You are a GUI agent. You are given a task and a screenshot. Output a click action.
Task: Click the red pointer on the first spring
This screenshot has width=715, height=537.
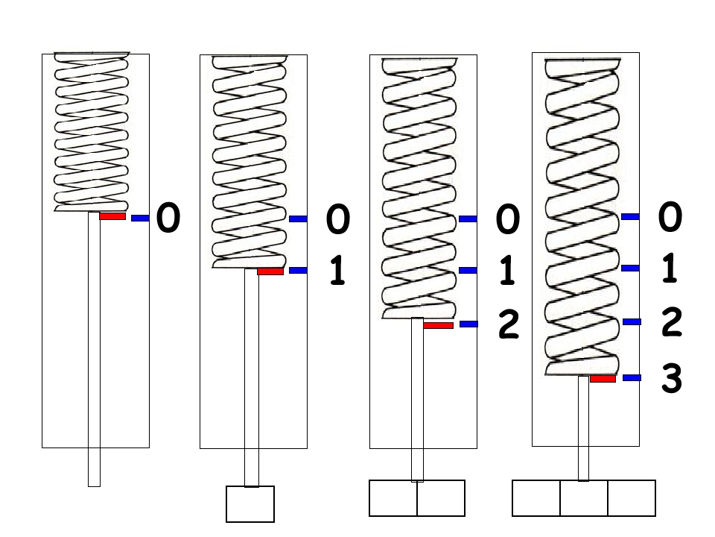(112, 216)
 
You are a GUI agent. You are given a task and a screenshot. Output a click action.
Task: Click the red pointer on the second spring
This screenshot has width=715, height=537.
(270, 271)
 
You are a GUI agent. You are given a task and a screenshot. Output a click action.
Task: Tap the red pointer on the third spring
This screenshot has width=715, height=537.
(438, 326)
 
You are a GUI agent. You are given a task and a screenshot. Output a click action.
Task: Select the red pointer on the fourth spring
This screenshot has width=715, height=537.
(603, 379)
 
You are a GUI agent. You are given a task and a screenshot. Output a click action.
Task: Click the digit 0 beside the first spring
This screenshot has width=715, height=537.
(168, 219)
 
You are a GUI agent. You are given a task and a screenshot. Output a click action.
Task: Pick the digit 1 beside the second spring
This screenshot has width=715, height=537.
(337, 271)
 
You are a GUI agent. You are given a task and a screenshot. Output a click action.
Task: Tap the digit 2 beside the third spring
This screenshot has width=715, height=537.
(509, 324)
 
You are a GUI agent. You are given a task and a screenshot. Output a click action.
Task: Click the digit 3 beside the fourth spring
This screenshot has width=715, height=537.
(671, 379)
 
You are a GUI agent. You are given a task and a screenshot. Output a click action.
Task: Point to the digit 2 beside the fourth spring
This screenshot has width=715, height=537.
(671, 322)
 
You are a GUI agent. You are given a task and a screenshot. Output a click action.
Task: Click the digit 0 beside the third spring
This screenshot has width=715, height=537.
(507, 219)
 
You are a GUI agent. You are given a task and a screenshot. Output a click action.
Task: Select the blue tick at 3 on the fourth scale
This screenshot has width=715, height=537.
(632, 377)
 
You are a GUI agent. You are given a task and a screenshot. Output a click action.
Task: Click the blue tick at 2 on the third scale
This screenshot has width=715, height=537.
(468, 324)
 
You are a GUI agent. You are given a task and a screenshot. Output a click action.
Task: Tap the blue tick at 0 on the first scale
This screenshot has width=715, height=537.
(141, 219)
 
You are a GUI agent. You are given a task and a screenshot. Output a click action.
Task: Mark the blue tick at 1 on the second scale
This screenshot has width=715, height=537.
(298, 270)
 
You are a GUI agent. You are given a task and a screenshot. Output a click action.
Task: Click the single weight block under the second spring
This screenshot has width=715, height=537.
(250, 504)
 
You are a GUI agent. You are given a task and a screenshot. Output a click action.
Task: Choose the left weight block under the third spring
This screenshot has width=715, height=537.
(393, 498)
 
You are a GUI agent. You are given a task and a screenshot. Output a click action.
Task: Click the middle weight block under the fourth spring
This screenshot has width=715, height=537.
(584, 498)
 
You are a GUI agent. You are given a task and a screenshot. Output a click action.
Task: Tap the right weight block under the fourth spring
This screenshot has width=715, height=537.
(632, 498)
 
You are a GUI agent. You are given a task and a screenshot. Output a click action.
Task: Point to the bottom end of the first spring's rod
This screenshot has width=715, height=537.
(94, 486)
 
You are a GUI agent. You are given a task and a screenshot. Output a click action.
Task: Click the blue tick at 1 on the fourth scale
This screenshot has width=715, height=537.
(630, 268)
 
